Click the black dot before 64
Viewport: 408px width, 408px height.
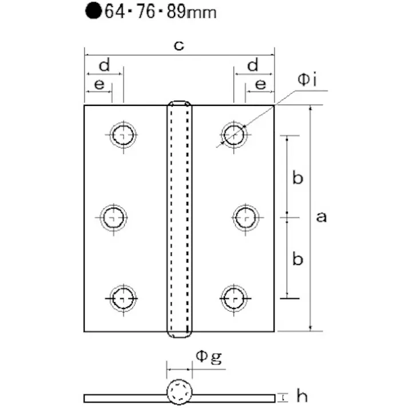click(93, 11)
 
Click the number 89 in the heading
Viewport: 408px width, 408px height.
click(176, 11)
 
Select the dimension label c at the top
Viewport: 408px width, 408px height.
click(179, 46)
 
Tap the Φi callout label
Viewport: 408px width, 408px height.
click(307, 80)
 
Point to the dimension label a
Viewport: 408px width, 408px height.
click(322, 217)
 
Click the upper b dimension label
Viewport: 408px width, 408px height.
click(298, 178)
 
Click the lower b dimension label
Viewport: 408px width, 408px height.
click(298, 259)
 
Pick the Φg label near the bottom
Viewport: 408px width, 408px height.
click(209, 357)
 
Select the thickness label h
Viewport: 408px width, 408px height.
click(302, 396)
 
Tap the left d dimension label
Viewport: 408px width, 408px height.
click(105, 65)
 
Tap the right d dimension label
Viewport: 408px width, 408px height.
click(253, 65)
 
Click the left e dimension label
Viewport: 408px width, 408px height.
click(99, 85)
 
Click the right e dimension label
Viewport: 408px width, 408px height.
click(261, 85)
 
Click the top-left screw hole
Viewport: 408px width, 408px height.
click(124, 135)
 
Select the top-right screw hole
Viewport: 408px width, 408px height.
click(234, 135)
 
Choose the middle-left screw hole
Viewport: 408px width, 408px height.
click(113, 217)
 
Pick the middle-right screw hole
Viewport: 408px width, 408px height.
click(246, 217)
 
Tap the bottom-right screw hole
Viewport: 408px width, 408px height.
click(234, 299)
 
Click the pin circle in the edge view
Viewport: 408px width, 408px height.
click(180, 392)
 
